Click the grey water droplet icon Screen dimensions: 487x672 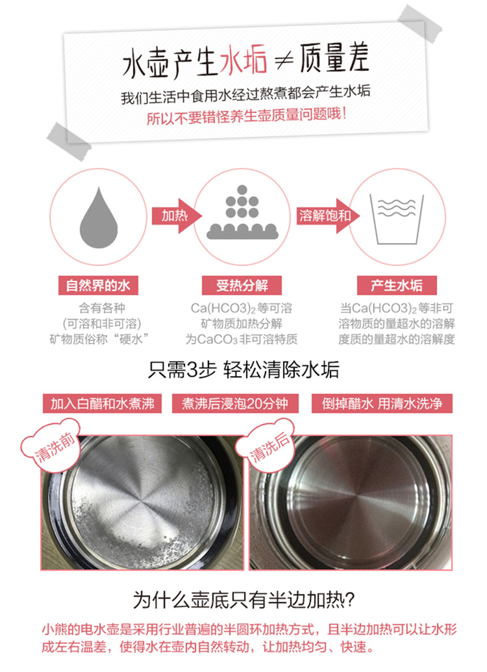99,219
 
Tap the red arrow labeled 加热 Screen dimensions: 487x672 176,216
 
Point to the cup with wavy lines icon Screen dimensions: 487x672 397,219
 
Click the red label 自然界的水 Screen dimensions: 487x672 98,286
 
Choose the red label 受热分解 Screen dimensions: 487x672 242,286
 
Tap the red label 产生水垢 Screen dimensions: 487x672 397,286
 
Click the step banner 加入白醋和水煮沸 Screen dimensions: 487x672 102,404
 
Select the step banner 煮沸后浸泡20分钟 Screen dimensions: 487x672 235,404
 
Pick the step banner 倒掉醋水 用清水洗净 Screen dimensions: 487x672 382,404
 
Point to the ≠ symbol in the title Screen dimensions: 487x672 283,61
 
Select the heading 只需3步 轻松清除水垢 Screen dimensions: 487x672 243,369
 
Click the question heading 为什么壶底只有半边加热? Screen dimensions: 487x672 243,600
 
